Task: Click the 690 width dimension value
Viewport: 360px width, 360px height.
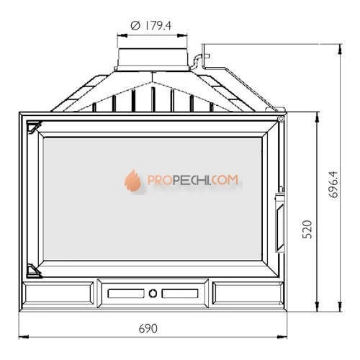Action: (x=148, y=328)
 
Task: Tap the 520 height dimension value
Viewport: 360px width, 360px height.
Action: (x=307, y=230)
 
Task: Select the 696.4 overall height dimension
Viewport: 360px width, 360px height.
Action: (x=333, y=184)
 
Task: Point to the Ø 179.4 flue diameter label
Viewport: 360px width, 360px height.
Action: (x=151, y=26)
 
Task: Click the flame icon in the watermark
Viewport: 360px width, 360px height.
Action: (x=132, y=180)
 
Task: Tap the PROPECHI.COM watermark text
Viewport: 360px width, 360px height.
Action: (x=193, y=180)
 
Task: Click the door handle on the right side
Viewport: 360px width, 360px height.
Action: (x=280, y=220)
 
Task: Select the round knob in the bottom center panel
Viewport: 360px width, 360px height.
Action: (x=153, y=293)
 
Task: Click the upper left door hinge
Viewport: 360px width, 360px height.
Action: (x=34, y=127)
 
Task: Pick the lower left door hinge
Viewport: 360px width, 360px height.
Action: (x=34, y=271)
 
